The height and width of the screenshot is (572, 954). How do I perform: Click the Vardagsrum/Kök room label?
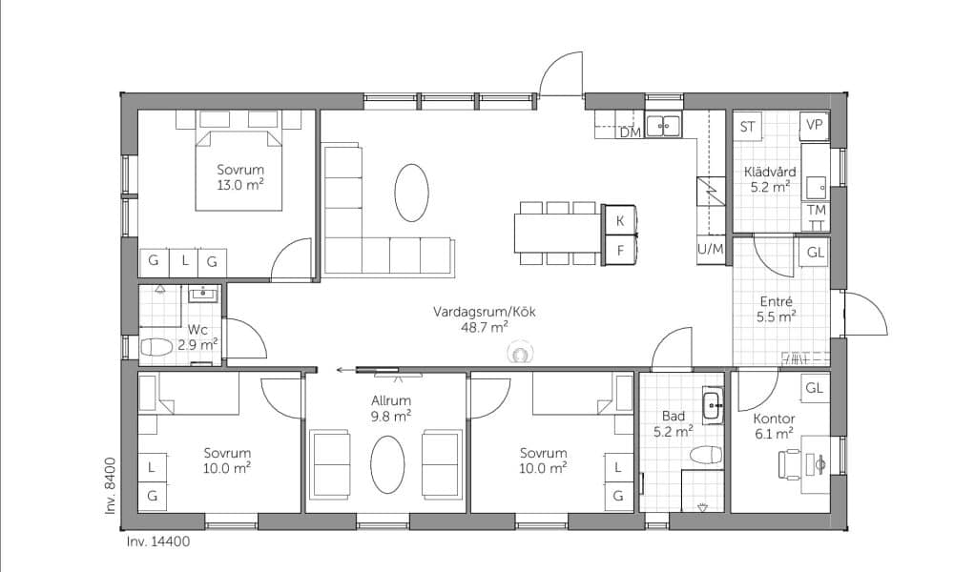[485, 312]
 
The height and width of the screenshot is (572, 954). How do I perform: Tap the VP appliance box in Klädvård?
[814, 126]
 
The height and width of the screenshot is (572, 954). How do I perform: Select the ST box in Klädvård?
[748, 127]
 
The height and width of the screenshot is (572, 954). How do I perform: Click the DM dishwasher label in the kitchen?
[631, 132]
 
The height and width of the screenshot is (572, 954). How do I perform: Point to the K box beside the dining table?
[619, 220]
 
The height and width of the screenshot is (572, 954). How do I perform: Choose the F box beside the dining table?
[619, 250]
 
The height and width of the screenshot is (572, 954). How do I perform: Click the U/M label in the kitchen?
[710, 249]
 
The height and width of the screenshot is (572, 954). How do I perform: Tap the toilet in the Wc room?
[156, 348]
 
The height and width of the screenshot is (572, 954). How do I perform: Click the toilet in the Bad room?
[706, 454]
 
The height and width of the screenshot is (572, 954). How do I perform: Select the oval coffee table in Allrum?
[387, 464]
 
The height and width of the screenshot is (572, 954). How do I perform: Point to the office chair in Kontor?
[790, 464]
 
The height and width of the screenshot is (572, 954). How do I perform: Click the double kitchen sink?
[663, 126]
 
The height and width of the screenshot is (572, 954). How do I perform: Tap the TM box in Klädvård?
[816, 211]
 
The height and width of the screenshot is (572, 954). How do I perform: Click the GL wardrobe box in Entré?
[815, 252]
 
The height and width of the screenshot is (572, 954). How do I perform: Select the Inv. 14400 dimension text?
[158, 541]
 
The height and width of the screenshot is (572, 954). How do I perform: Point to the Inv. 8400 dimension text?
[111, 485]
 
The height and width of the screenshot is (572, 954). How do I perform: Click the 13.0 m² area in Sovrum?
[240, 185]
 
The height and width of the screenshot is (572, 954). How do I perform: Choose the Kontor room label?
[774, 419]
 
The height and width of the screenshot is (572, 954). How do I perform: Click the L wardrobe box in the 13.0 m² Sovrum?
[184, 262]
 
